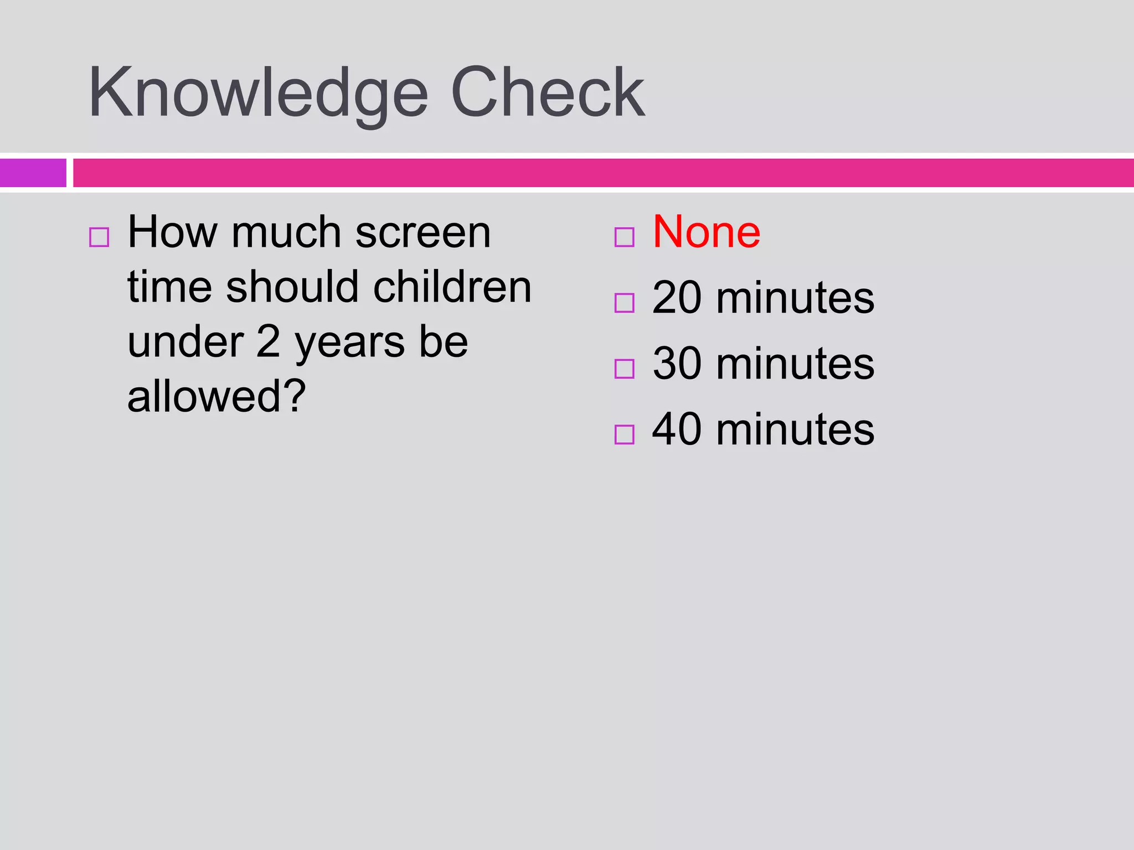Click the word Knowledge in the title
point(259,95)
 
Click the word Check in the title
point(548,92)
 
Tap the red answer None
point(707,232)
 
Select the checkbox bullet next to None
point(624,237)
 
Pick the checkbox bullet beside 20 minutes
point(624,303)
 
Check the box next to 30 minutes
point(624,369)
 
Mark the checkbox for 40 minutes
point(624,434)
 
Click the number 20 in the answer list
point(678,298)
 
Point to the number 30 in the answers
point(678,364)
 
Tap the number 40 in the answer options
point(678,429)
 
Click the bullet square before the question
point(99,237)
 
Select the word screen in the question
point(423,233)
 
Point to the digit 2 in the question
point(269,341)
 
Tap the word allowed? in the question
point(217,396)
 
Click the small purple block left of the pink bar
point(33,173)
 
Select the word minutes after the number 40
point(796,429)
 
